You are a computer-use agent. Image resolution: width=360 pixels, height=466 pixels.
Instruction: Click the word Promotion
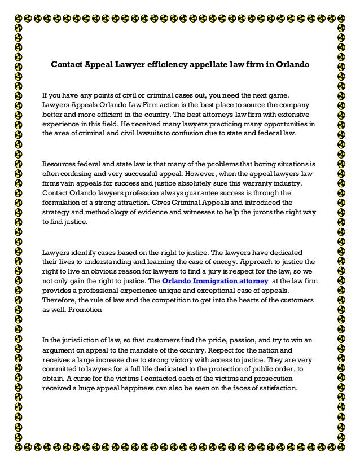click(x=84, y=310)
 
